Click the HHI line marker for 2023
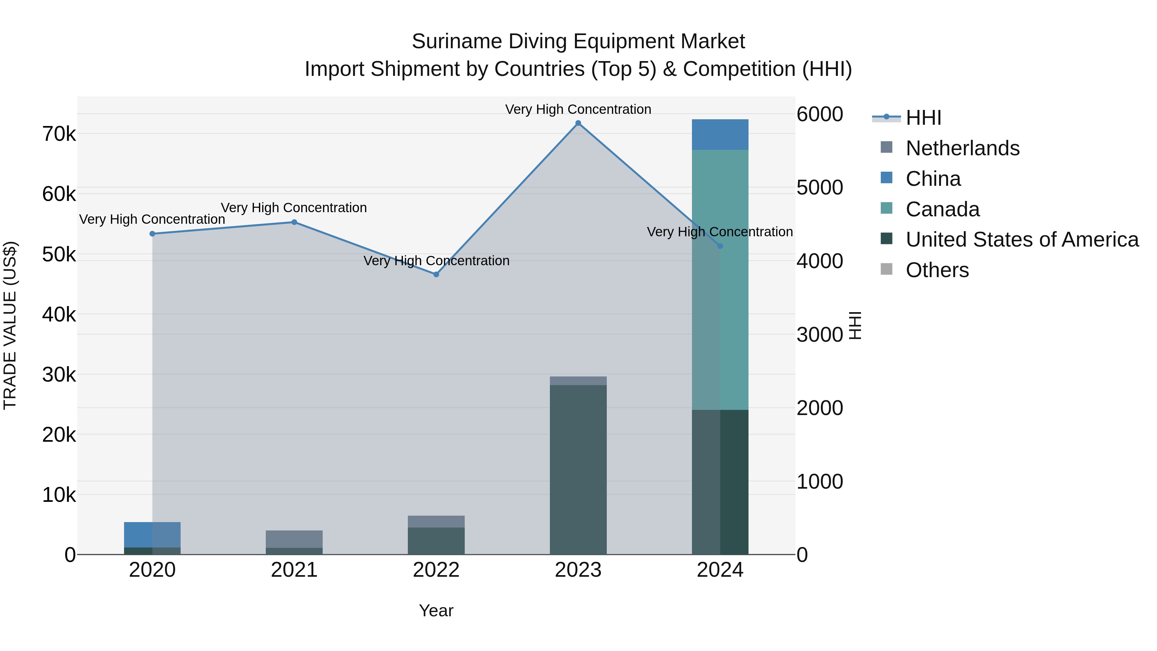tap(578, 123)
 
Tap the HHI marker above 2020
tap(152, 234)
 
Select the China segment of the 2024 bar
tap(720, 135)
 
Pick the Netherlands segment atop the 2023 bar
tap(578, 381)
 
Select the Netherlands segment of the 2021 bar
tap(294, 539)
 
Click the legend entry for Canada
tap(942, 209)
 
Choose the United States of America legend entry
tap(1022, 240)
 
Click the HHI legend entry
tap(923, 118)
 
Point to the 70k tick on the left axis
tap(59, 134)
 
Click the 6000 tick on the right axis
tap(820, 114)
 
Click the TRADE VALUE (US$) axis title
tap(10, 325)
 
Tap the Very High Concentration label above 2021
tap(294, 208)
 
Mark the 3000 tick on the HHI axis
tap(820, 335)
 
